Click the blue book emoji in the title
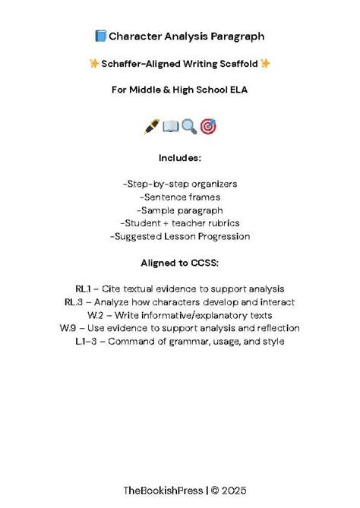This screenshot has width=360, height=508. pos(100,36)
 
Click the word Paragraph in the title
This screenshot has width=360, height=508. pos(236,36)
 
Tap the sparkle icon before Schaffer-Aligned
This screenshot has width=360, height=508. pos(94,64)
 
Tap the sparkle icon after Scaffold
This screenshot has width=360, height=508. pos(266,64)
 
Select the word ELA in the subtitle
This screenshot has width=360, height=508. pos(237,90)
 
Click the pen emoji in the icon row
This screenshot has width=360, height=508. pos(150,127)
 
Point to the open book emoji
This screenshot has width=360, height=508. pos(170,127)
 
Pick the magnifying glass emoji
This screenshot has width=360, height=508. pos(189,127)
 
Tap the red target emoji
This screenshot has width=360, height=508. pos(208,127)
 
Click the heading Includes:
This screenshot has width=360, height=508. pos(179,158)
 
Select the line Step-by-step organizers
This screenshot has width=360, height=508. pos(179,184)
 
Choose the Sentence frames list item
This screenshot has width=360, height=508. pos(179,197)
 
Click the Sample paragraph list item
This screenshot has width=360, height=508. pos(179,210)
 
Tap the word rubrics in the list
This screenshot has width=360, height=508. pos(220,222)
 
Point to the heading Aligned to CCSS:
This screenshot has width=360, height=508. pos(179,263)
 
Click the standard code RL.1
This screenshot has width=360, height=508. pos(83,289)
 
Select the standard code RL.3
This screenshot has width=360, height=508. pos(74,302)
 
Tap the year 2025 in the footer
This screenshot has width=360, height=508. pos(234,491)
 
